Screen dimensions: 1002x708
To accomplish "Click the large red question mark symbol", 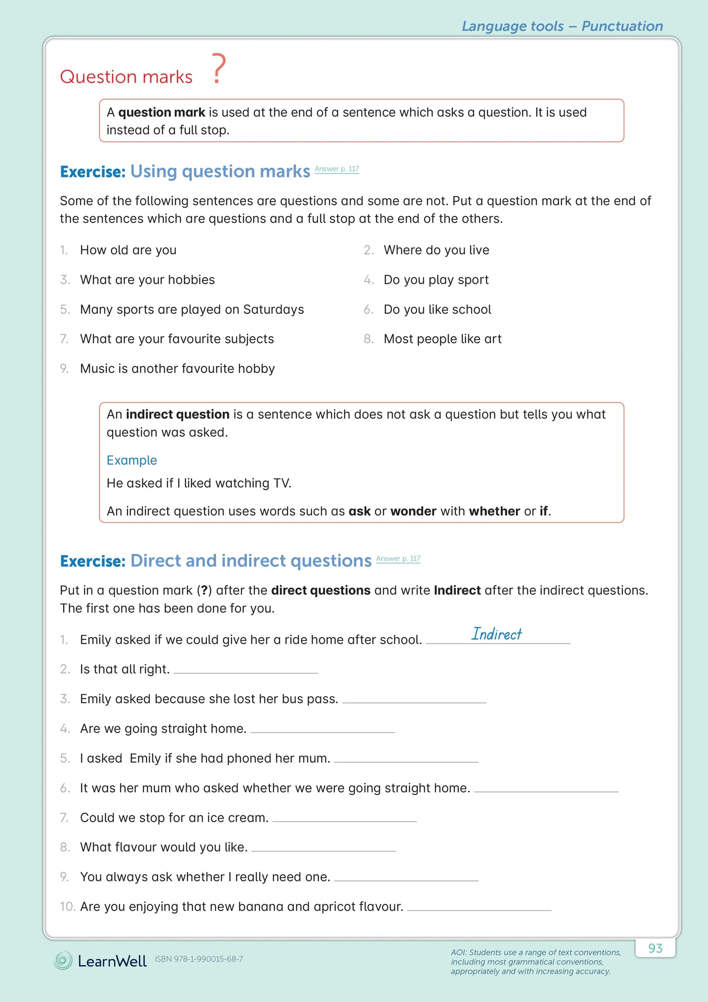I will [219, 70].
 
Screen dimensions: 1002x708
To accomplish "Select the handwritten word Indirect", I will [496, 634].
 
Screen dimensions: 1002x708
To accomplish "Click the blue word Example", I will [132, 461].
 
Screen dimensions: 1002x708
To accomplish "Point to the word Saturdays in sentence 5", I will [273, 310].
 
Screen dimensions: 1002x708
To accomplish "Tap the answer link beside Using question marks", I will [337, 169].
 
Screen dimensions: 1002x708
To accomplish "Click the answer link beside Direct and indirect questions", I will [398, 559].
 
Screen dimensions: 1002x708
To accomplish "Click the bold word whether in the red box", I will [494, 512].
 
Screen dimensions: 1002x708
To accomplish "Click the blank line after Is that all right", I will [245, 672].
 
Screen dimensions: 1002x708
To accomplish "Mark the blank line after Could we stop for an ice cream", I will [344, 821].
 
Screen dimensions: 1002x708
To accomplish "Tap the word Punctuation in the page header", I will [622, 26].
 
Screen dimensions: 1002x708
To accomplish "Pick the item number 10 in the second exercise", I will [68, 907].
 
